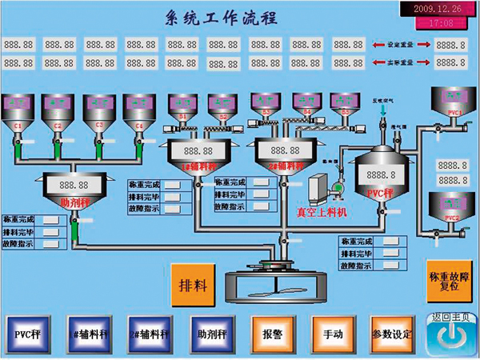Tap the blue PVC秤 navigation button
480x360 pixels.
(x=27, y=333)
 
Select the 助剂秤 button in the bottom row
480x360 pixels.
(x=210, y=333)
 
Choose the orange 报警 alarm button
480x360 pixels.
(x=271, y=333)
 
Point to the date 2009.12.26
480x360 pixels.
(x=436, y=9)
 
